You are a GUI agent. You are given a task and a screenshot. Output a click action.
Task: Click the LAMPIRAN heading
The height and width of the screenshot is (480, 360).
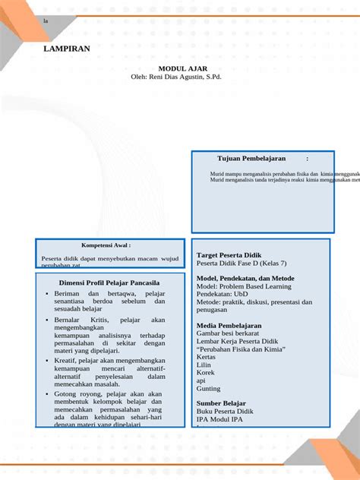pos(67,49)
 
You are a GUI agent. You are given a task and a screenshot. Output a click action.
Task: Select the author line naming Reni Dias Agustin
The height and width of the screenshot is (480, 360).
pos(175,77)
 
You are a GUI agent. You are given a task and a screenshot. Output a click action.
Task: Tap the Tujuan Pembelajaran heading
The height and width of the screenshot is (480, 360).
pos(251,158)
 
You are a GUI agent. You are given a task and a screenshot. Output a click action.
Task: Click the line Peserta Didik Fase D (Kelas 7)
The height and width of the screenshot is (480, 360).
pos(242,264)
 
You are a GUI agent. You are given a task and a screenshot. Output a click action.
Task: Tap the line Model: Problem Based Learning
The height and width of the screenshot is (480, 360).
pos(243,286)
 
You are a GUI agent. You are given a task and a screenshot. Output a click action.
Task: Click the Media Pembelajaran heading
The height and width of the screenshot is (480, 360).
pos(229,325)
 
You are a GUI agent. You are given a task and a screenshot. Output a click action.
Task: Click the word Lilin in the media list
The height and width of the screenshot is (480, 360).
pos(204,365)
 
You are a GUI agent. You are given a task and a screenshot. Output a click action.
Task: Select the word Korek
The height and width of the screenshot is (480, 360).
pos(206,372)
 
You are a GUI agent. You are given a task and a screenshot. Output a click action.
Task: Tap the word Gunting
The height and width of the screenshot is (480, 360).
pos(208,388)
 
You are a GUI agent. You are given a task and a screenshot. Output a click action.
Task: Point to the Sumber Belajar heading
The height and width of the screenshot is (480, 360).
pos(221,403)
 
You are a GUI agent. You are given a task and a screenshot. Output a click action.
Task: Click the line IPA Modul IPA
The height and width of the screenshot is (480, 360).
pos(219,418)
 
